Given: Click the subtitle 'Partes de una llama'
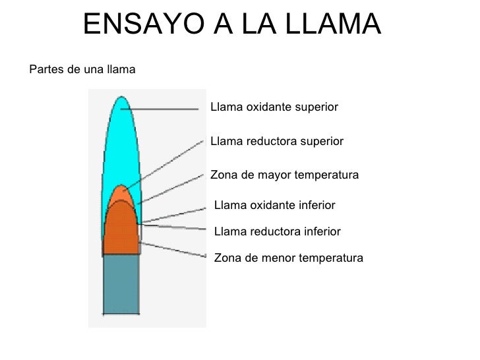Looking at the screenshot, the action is tap(82, 69).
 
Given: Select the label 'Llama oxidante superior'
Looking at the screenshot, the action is tap(274, 107).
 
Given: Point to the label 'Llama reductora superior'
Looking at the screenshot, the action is tap(276, 141).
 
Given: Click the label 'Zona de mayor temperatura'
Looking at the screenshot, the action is tap(284, 175).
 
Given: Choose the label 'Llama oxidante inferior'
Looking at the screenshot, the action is tap(275, 206).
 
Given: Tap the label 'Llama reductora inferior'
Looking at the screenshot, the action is tap(278, 231).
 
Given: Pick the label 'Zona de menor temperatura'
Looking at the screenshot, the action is tap(289, 258).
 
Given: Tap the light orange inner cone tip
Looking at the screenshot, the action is tap(120, 193).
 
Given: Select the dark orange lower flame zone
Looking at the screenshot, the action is tap(120, 231).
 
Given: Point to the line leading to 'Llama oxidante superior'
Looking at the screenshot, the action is tap(165, 109).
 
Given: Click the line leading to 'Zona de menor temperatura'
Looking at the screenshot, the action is tap(175, 251).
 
